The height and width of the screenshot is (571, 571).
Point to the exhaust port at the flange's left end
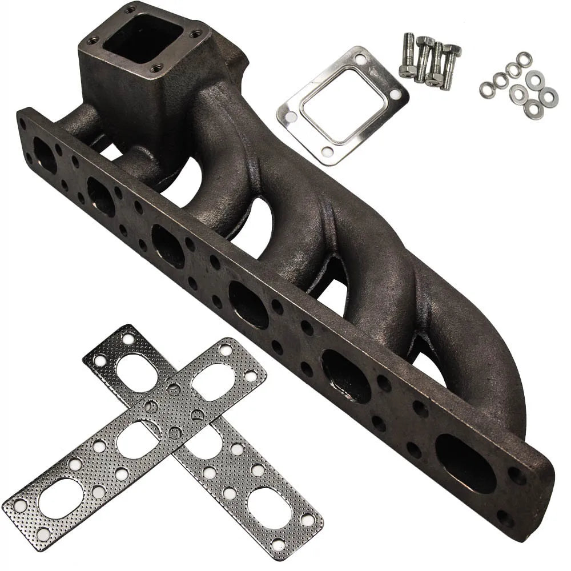[x=45, y=155]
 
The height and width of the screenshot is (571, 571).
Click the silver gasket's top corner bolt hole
[x=360, y=59]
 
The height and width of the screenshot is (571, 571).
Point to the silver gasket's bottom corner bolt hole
[x=327, y=151]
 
